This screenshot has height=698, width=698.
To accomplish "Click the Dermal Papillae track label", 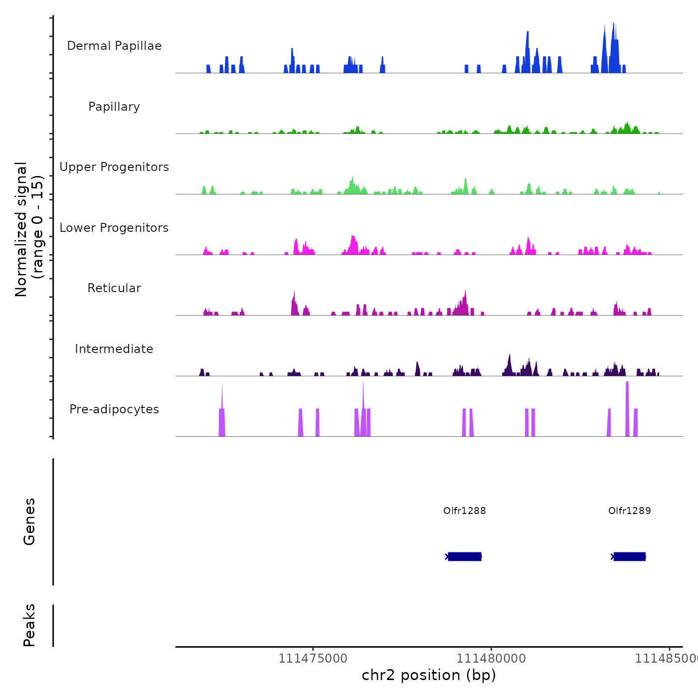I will click(x=114, y=46).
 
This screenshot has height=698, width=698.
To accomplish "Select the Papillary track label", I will click(x=114, y=107).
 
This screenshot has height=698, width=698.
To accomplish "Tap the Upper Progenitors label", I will click(x=114, y=167).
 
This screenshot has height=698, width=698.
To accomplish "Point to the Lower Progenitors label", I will click(x=114, y=228).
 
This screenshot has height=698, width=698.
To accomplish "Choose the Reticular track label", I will click(x=114, y=288).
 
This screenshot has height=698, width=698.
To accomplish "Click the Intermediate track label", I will click(x=114, y=349).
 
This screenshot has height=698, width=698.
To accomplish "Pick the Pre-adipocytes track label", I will click(x=114, y=409).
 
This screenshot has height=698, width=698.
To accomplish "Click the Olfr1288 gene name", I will click(x=464, y=511).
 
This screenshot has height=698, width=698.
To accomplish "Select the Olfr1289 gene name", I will click(x=629, y=511).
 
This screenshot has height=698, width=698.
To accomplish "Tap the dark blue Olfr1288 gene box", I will click(x=465, y=556).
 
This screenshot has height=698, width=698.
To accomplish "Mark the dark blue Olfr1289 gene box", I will click(x=629, y=556).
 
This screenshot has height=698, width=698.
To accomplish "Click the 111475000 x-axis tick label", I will click(x=313, y=659).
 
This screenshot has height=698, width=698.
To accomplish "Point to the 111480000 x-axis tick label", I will click(x=491, y=659).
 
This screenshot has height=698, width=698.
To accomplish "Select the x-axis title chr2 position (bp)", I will click(x=429, y=675).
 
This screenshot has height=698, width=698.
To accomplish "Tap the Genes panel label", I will click(x=29, y=522).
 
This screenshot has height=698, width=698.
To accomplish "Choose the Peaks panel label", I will click(x=29, y=625).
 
